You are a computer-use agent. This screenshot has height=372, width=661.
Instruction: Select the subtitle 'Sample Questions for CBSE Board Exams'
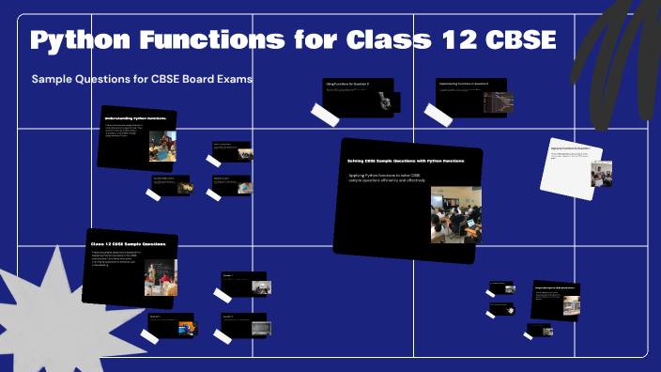142,79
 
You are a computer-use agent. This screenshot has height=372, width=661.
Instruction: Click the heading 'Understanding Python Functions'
135,118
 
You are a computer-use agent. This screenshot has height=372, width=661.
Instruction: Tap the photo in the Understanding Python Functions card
162,146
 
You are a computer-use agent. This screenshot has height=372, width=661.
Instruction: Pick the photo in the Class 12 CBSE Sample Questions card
161,277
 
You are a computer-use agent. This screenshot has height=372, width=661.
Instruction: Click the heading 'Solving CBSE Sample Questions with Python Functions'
401,161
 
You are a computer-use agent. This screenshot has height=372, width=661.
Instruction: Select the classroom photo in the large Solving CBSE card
450,214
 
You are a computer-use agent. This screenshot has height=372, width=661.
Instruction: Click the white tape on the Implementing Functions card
438,114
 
